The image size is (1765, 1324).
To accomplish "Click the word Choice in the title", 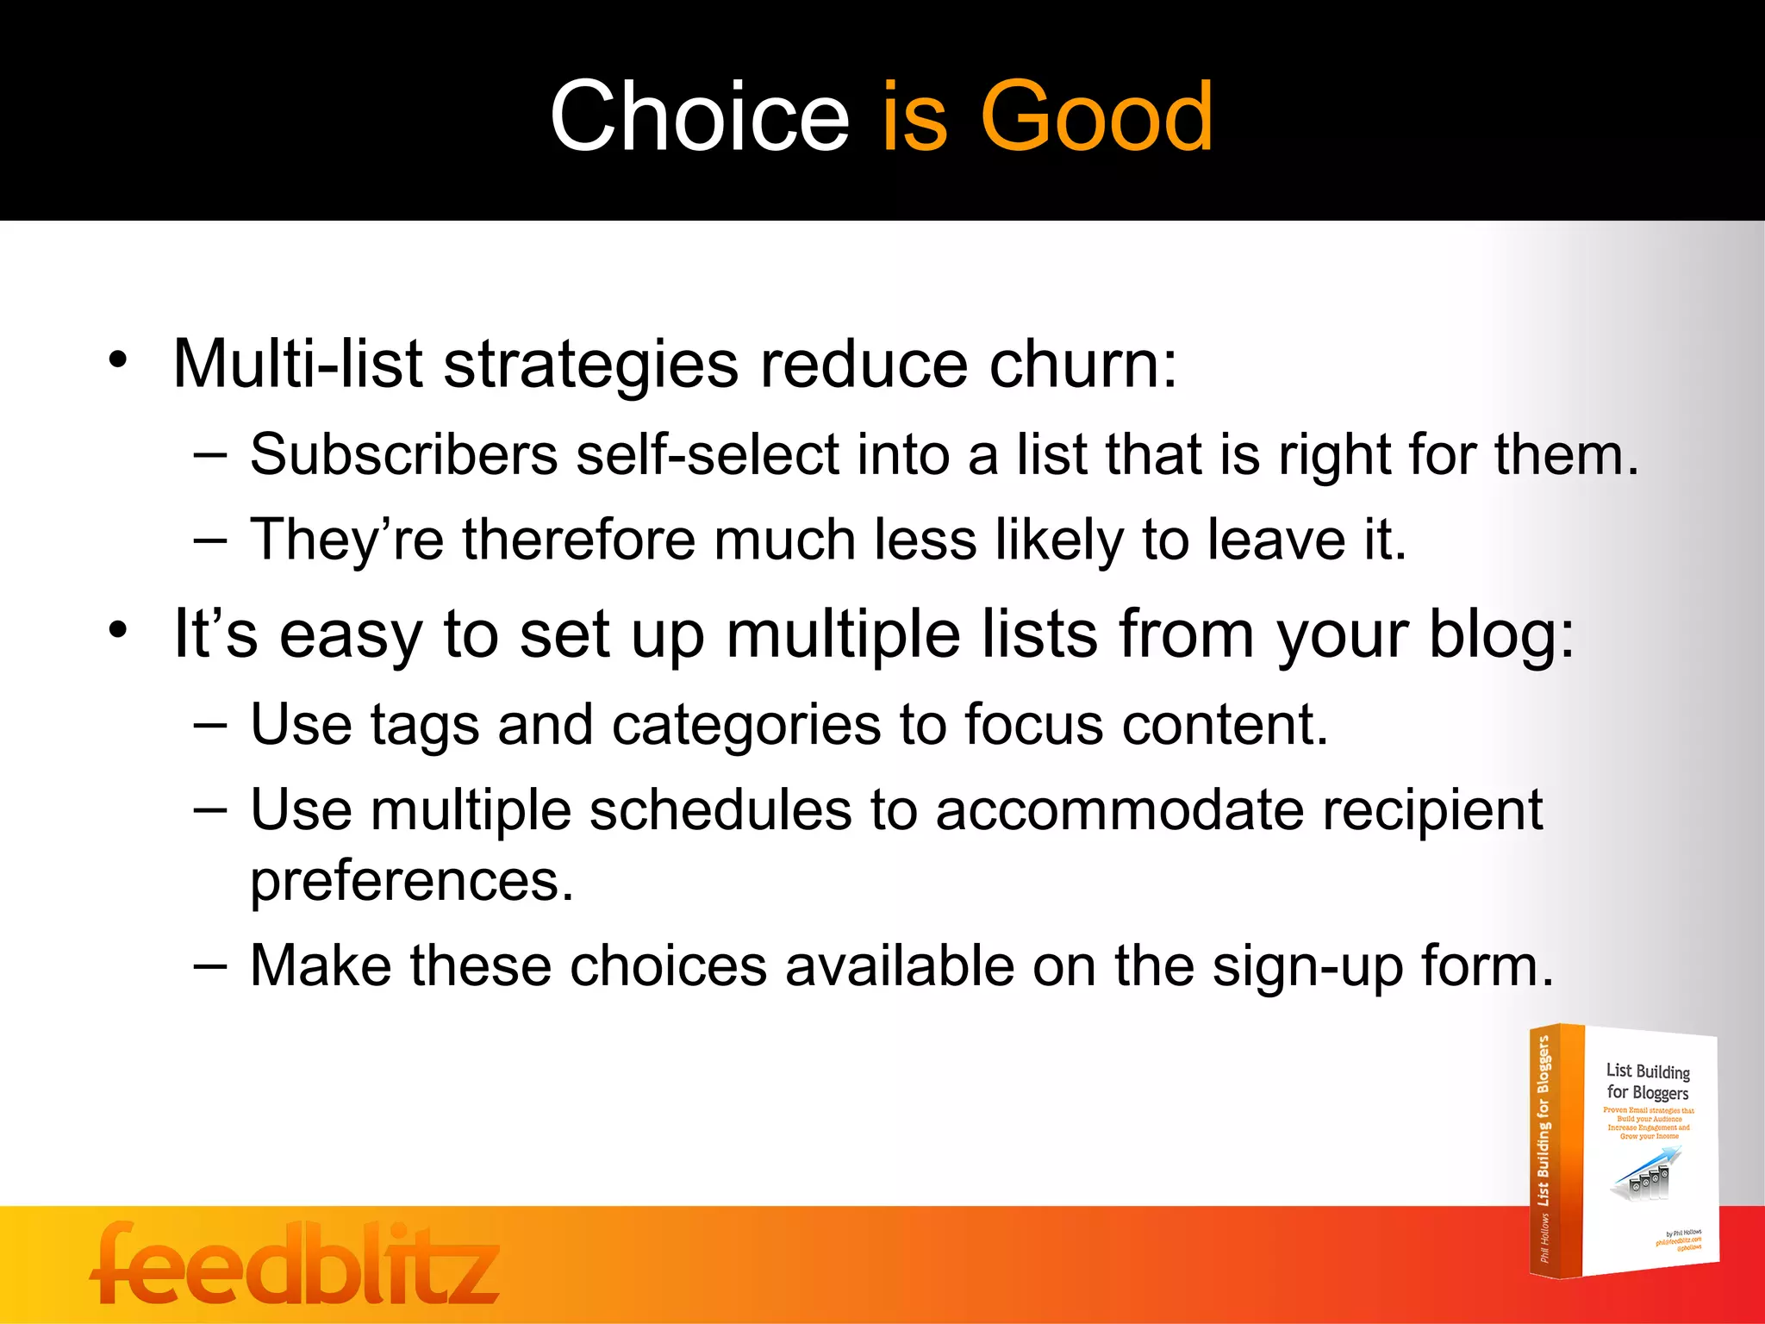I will point(699,116).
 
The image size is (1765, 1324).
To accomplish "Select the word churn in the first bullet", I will point(1082,364).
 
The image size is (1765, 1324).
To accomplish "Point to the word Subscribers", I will point(403,454).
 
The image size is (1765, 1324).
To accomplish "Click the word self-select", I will point(707,454).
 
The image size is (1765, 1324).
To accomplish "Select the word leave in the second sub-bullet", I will point(1275,540).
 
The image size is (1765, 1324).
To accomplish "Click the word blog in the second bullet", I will point(1500,634).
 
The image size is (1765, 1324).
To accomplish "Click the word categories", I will point(746,724).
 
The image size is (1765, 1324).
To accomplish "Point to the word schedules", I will point(720,810).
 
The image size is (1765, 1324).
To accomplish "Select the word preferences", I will point(411,881).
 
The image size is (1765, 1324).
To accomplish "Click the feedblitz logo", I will point(295,1264).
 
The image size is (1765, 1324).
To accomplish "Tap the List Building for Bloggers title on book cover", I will point(1647,1082).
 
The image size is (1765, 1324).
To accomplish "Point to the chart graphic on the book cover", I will point(1644,1175).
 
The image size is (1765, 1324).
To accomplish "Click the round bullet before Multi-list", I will point(118,359).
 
